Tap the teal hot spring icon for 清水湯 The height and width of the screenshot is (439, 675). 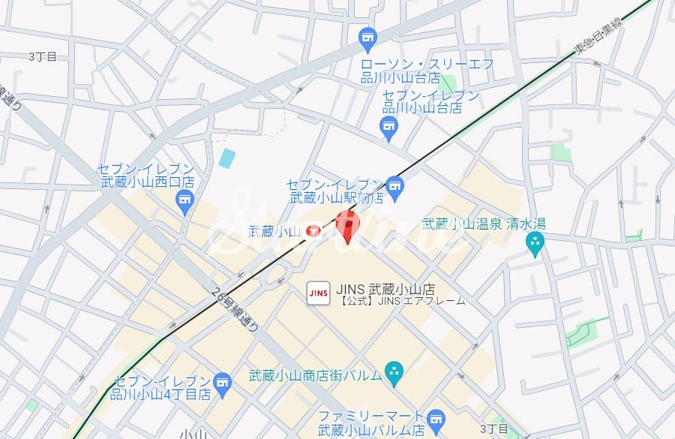click(535, 242)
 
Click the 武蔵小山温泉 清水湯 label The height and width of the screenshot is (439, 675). click(484, 223)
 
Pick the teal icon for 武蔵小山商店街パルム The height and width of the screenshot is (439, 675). click(394, 370)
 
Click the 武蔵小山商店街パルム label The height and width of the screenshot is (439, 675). click(314, 374)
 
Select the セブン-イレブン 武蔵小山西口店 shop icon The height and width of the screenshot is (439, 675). click(184, 200)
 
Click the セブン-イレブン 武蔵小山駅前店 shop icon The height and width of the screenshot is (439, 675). click(394, 185)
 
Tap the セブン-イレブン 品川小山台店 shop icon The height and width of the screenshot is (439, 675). click(388, 126)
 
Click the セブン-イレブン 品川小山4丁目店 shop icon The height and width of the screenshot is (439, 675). click(222, 382)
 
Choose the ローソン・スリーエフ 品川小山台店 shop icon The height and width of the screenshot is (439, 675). click(367, 36)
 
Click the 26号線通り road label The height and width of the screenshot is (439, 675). click(235, 308)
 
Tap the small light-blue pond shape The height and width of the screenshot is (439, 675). click(227, 158)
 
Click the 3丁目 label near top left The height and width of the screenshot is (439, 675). click(43, 56)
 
